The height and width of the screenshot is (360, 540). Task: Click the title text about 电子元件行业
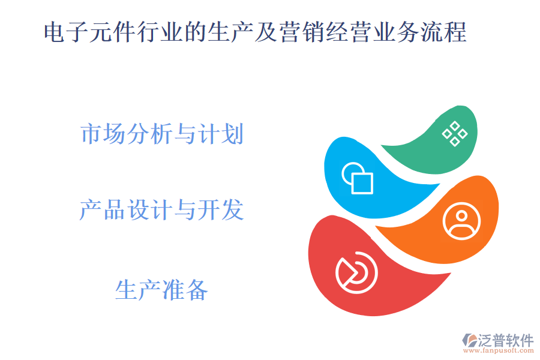255,32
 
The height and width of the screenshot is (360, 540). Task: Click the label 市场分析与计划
162,134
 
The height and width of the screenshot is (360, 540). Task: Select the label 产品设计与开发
161,210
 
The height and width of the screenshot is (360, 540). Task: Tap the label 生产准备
161,290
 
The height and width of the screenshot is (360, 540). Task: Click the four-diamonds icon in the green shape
455,133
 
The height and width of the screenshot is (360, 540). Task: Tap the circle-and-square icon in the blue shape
358,178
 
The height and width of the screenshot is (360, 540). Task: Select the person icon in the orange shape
461,221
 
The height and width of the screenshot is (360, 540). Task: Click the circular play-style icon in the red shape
356,272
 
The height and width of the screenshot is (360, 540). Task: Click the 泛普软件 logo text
505,340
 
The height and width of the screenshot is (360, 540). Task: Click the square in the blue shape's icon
362,182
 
